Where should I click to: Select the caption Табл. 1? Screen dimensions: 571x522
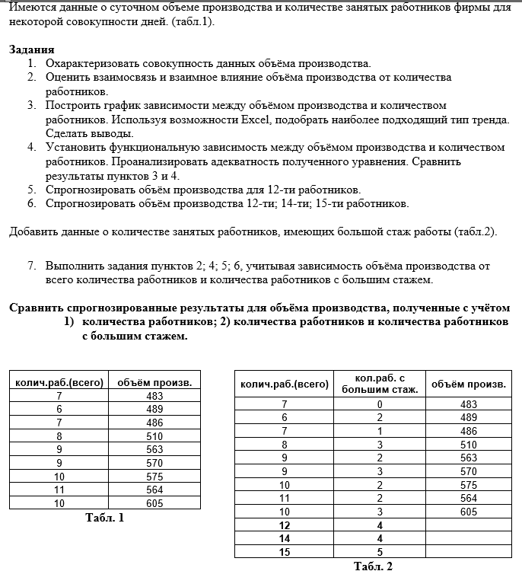(x=104, y=518)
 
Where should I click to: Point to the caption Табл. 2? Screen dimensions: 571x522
(x=373, y=565)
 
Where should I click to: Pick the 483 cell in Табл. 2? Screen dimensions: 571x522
(x=469, y=404)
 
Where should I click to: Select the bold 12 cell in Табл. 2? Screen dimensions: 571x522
(x=285, y=525)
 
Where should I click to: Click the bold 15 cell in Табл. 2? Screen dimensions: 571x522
(x=285, y=552)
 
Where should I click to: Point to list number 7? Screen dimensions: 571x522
(x=31, y=266)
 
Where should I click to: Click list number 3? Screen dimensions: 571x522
(x=31, y=105)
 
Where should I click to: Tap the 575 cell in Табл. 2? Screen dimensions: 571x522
(x=469, y=484)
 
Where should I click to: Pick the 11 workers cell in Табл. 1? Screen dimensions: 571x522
(x=59, y=490)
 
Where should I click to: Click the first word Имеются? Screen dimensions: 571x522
(x=33, y=8)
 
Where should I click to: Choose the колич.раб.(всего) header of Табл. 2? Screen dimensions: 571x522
(x=285, y=384)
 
